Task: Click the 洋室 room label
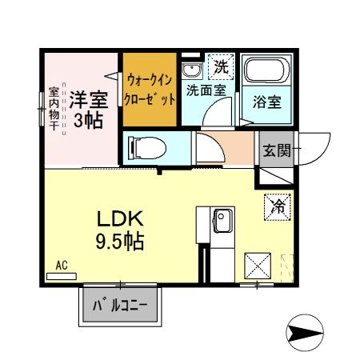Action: (x=87, y=100)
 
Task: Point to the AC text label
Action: (x=62, y=265)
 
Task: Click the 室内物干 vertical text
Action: (x=54, y=109)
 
